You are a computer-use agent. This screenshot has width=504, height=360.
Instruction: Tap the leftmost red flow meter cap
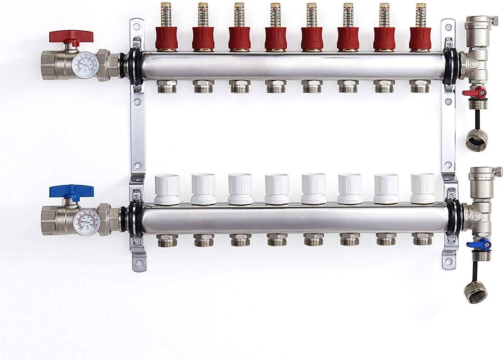click(165, 39)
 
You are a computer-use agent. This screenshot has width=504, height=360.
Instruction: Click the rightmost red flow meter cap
click(419, 39)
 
